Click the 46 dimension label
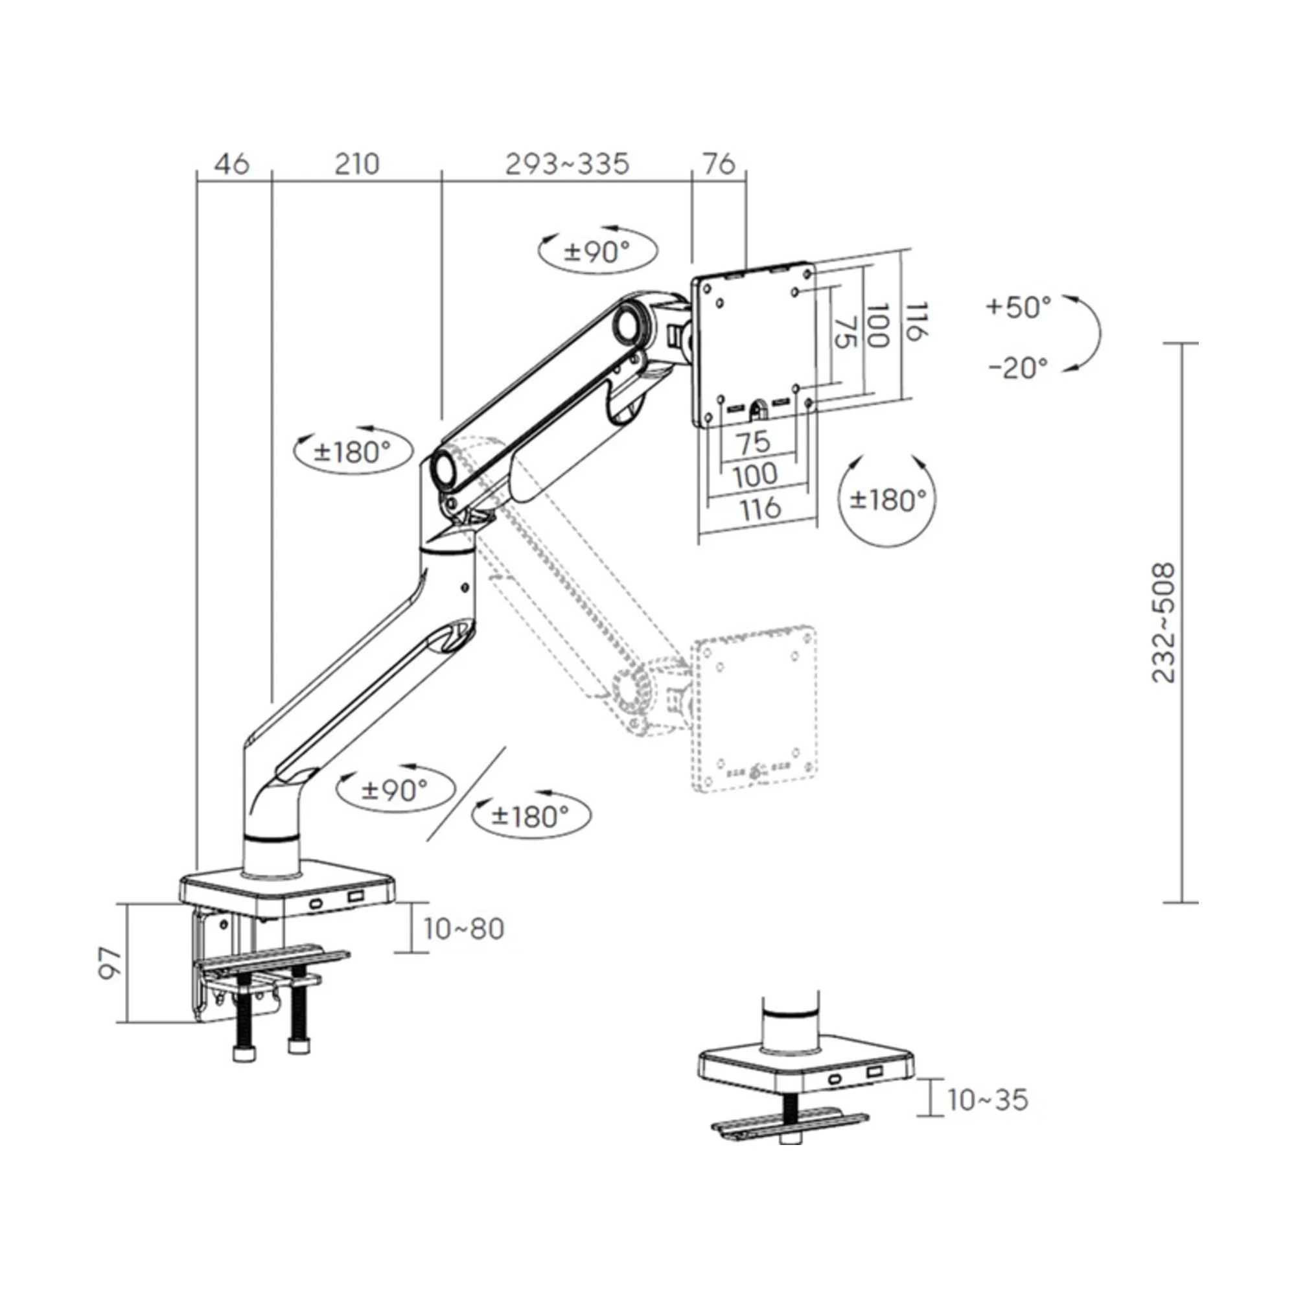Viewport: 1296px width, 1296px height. (232, 165)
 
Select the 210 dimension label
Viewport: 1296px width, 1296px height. (357, 165)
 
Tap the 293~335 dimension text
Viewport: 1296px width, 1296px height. (567, 165)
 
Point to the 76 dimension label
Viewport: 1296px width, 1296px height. (719, 165)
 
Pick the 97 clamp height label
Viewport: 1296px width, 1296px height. (111, 963)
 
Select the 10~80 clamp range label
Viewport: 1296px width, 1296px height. (463, 929)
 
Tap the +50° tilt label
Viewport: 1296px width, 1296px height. (1018, 307)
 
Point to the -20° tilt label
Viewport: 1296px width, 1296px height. (1018, 367)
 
